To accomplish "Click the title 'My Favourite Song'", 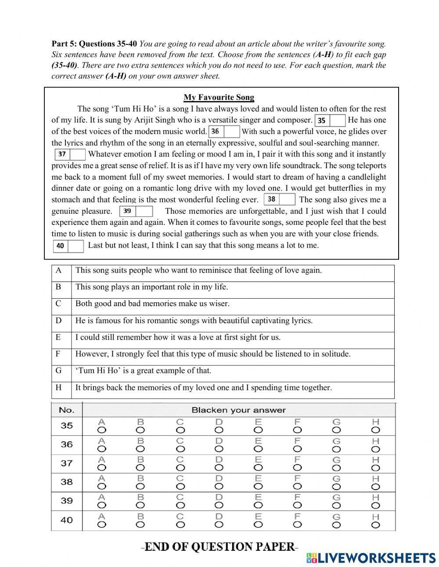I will point(219,98).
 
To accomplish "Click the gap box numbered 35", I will point(330,120).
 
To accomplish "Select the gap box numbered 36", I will point(224,131).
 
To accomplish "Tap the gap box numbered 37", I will point(70,154).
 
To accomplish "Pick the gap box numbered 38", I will point(280,199).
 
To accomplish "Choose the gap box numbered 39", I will point(137,211).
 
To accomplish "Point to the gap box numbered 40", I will point(68,246).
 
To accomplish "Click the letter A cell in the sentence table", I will point(59,271).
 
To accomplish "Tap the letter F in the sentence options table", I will point(58,354).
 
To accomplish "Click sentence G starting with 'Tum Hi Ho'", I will point(143,371).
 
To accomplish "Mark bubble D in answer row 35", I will point(219,430).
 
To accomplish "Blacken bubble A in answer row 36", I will point(101,449).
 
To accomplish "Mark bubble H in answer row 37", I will point(375,468).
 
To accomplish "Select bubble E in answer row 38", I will point(258,487).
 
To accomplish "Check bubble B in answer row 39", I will point(140,506).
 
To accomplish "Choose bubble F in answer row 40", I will point(297,524).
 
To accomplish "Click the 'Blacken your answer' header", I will point(238,410).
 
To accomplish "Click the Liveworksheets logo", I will point(371,558).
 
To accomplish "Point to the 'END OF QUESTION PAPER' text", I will point(219,547).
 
